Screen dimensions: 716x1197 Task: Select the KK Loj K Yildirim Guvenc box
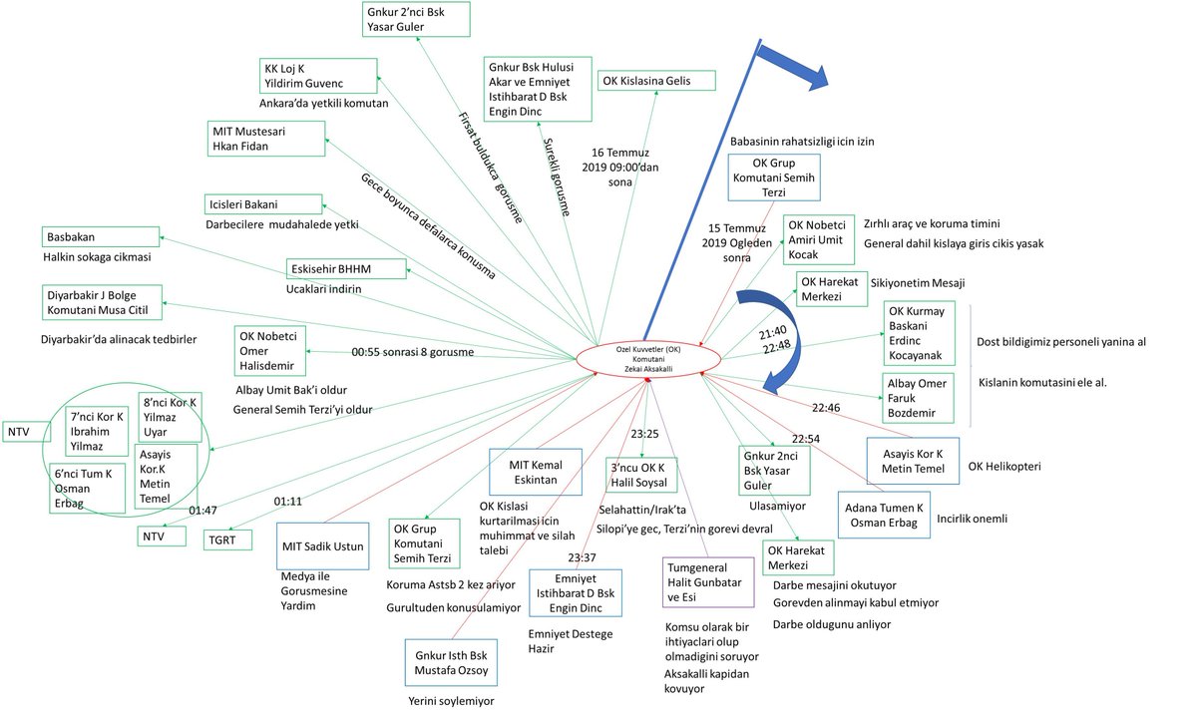pyautogui.click(x=318, y=76)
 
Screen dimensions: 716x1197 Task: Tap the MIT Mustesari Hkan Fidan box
pyautogui.click(x=267, y=139)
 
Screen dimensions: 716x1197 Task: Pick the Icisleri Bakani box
pyautogui.click(x=263, y=203)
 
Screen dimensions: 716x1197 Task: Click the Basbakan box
pyautogui.click(x=102, y=237)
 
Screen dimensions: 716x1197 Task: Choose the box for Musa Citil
pyautogui.click(x=102, y=302)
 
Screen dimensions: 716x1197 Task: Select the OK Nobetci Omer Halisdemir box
pyautogui.click(x=270, y=351)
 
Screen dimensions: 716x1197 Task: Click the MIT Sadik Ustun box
pyautogui.click(x=325, y=545)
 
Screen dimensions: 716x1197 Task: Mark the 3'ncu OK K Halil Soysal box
pyautogui.click(x=642, y=474)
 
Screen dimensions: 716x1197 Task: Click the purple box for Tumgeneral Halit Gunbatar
pyautogui.click(x=708, y=581)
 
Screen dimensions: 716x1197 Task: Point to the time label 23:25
pyautogui.click(x=645, y=434)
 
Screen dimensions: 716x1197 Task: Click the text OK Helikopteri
pyautogui.click(x=1002, y=466)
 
